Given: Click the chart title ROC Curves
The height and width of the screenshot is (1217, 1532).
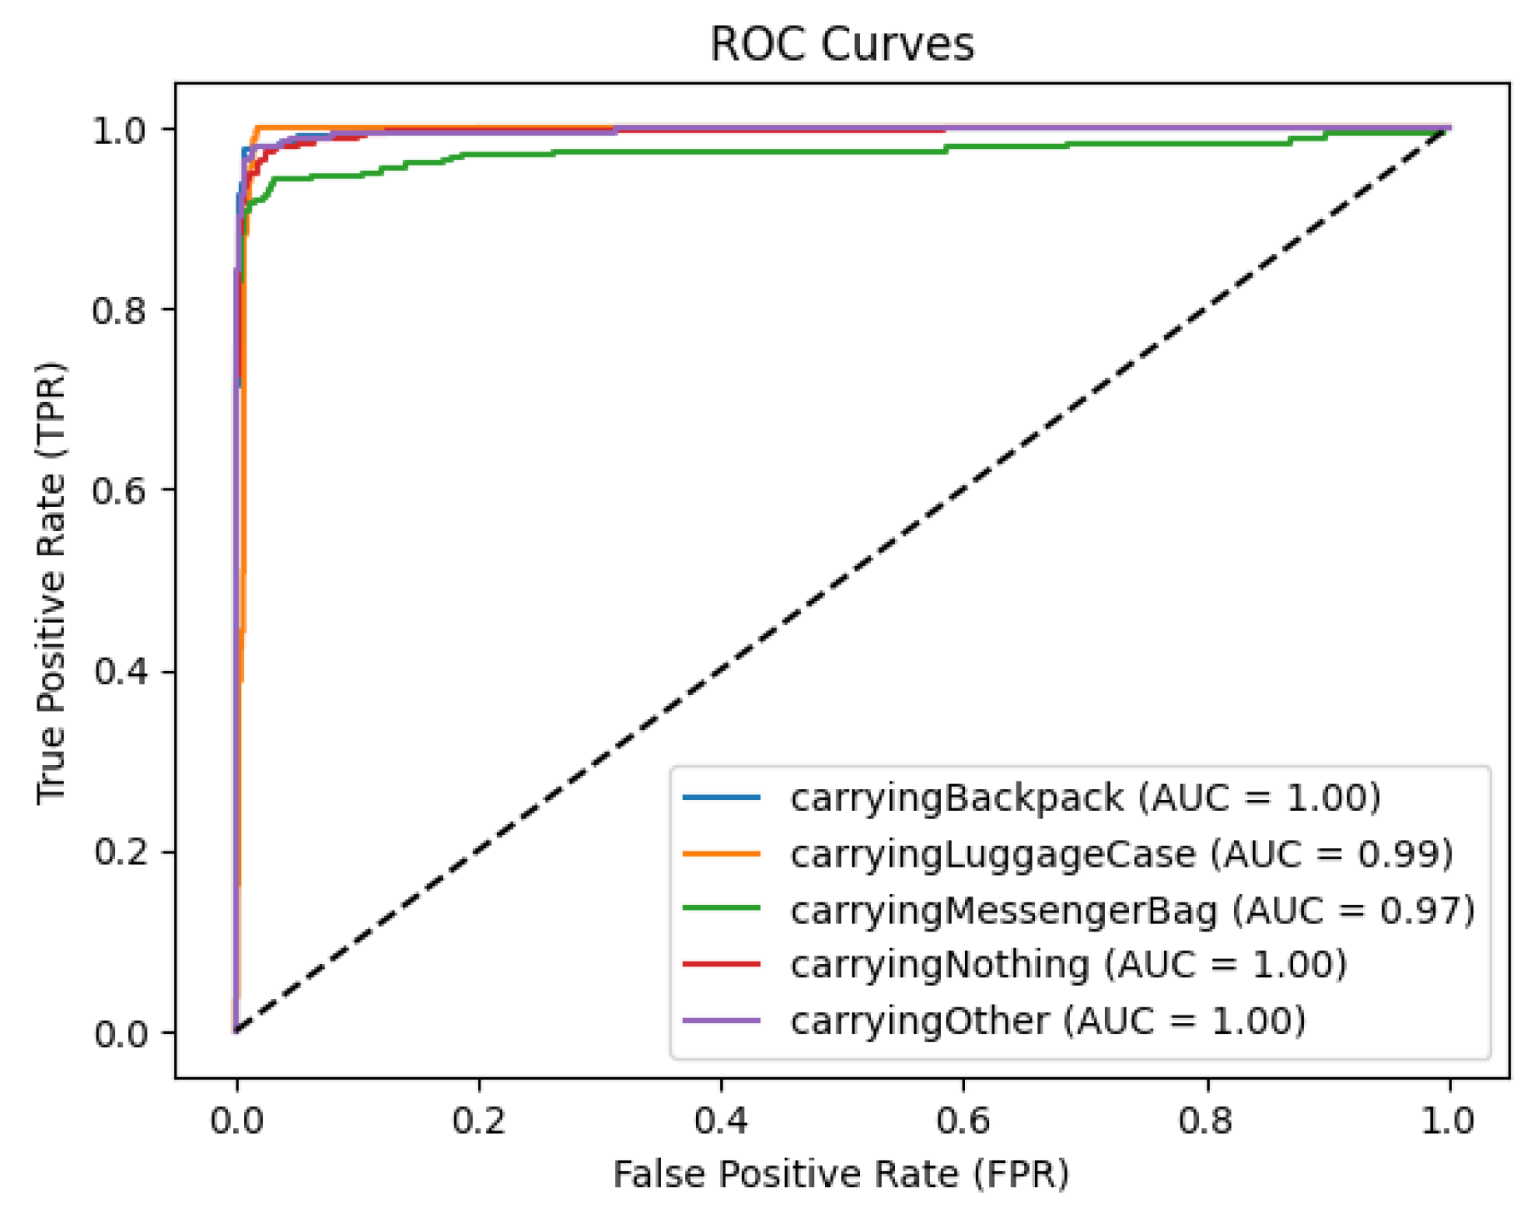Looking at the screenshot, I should click(841, 44).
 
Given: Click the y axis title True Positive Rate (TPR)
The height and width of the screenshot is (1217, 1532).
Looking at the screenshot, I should click(52, 583).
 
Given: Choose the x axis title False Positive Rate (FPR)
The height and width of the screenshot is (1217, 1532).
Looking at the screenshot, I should click(841, 1175).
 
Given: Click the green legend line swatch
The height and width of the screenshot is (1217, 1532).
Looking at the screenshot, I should click(721, 908).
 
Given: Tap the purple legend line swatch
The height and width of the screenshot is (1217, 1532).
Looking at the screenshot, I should click(721, 1020).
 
